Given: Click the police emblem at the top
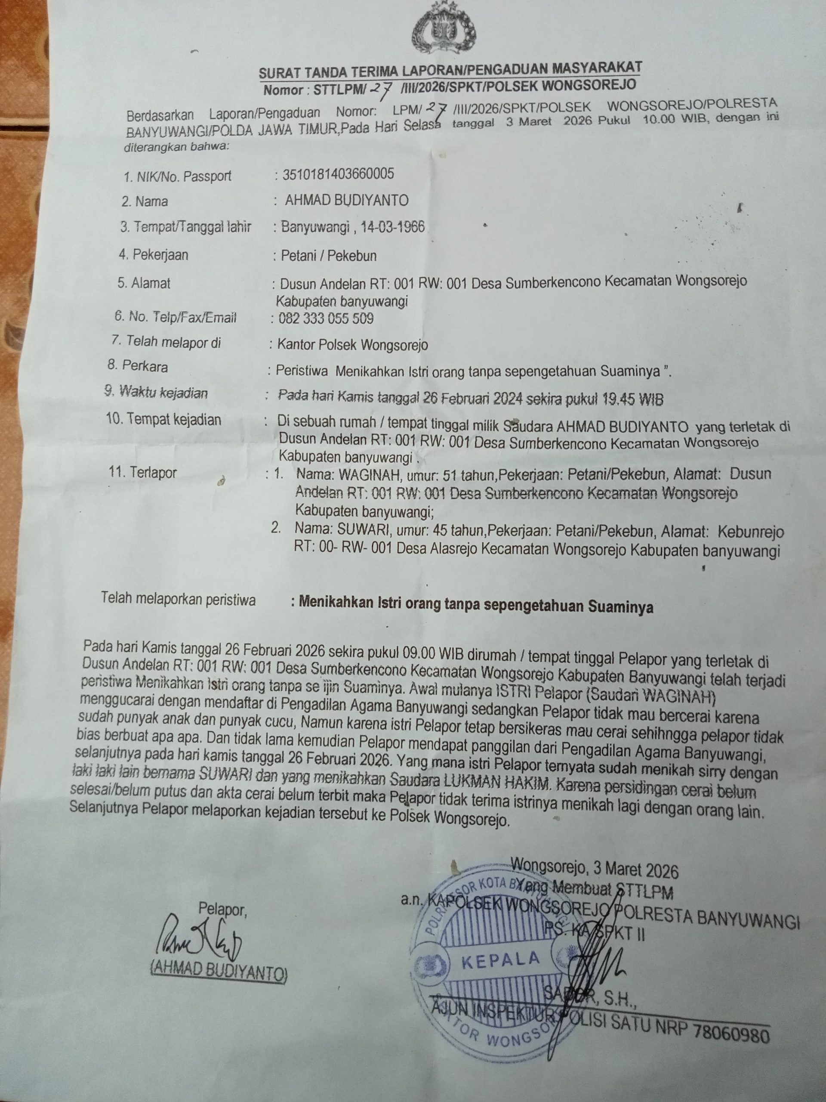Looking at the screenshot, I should click(x=443, y=32).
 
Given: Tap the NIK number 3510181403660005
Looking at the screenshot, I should click(x=338, y=174).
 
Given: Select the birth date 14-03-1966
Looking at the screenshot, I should click(x=393, y=227).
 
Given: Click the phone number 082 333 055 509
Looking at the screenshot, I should click(x=326, y=319).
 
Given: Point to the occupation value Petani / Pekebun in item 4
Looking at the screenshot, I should click(x=329, y=256).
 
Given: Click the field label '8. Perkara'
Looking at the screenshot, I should click(x=137, y=366).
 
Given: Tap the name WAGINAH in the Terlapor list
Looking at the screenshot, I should click(x=370, y=474).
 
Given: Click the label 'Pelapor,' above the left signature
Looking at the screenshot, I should click(x=222, y=910).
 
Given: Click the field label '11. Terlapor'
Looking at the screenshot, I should click(x=143, y=472).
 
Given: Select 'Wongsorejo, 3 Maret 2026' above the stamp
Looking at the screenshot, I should click(x=595, y=870).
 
